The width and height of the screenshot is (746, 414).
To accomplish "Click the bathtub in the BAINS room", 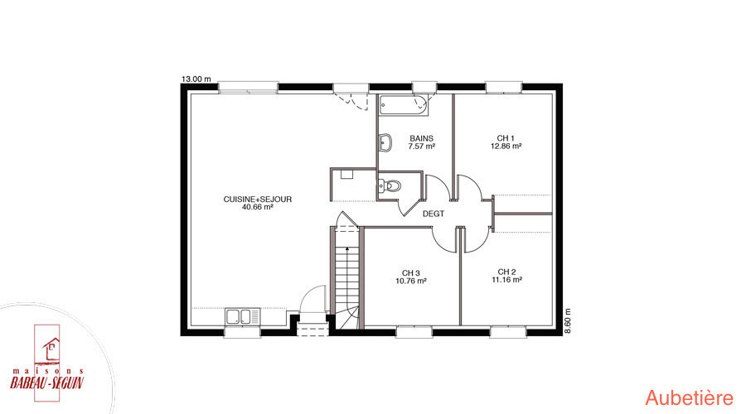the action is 404,105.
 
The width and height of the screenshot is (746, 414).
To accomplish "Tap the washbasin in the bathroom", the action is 385,142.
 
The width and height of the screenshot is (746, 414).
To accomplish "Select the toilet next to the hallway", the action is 390,185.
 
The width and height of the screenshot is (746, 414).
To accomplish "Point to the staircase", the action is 346,277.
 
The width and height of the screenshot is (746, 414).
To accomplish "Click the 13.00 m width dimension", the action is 196,79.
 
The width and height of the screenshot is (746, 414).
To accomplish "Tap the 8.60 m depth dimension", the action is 567,320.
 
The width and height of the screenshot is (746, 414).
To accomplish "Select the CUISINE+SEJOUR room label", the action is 258,200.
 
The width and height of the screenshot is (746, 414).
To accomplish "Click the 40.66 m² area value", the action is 258,207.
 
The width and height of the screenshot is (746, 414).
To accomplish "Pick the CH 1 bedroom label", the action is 506,138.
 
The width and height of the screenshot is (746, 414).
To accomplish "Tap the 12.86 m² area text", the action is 506,147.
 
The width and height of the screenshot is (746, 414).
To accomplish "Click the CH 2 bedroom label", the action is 506,272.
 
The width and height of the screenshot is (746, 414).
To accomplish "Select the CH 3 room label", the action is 410,273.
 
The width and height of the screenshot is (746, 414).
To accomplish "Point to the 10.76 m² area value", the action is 410,281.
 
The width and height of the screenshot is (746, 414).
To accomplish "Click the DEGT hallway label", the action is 434,214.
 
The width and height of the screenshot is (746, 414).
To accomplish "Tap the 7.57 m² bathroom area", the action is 422,147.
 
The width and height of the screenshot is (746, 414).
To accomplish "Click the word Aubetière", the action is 690,397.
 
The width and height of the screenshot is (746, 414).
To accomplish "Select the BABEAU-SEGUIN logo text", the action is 46,383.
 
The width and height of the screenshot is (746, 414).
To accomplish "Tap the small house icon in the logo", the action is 51,349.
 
